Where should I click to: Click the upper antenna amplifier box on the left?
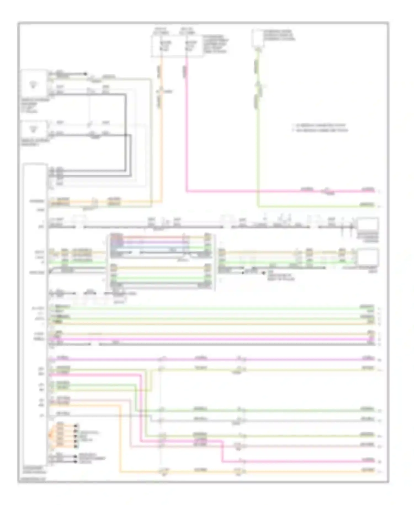pos(33,83)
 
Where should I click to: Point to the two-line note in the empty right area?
pos(320,128)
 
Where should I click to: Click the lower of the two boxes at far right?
pos(368,257)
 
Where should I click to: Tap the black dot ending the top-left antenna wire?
pos(86,74)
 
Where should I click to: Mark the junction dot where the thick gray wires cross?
pos(126,135)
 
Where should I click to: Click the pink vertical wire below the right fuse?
pos(187,124)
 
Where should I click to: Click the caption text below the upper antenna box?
pos(35,105)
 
